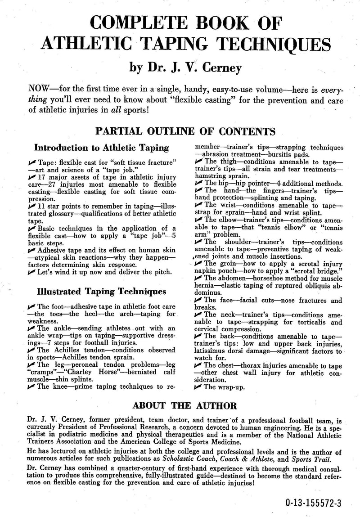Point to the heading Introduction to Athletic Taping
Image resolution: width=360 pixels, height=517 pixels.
[x=102, y=148]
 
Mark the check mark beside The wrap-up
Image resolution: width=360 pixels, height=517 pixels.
[x=198, y=387]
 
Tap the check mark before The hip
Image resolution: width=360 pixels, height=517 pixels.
[x=198, y=183]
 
